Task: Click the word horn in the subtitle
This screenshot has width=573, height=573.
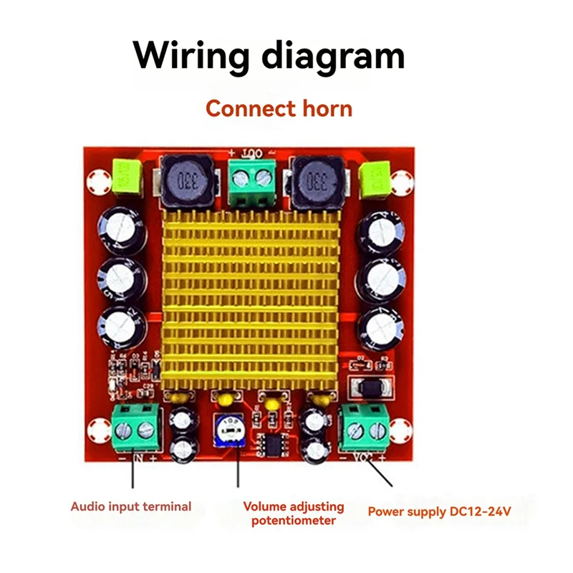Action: point(326,109)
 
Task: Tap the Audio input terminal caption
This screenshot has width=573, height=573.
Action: point(131,506)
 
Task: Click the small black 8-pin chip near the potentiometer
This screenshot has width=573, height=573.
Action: point(272,442)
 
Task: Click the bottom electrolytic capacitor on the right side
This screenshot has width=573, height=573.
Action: point(382,327)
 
